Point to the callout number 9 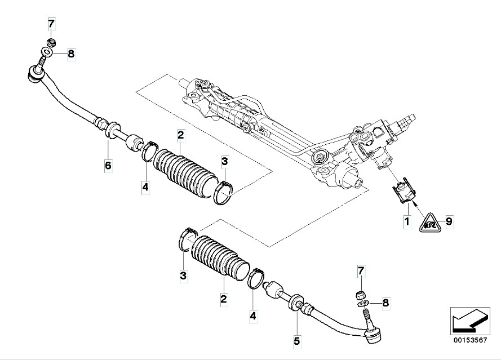coord(449,221)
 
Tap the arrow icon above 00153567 coord(469,320)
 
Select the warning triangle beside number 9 coord(430,222)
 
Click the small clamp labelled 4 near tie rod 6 coord(149,153)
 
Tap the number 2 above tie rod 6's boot coord(180,135)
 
